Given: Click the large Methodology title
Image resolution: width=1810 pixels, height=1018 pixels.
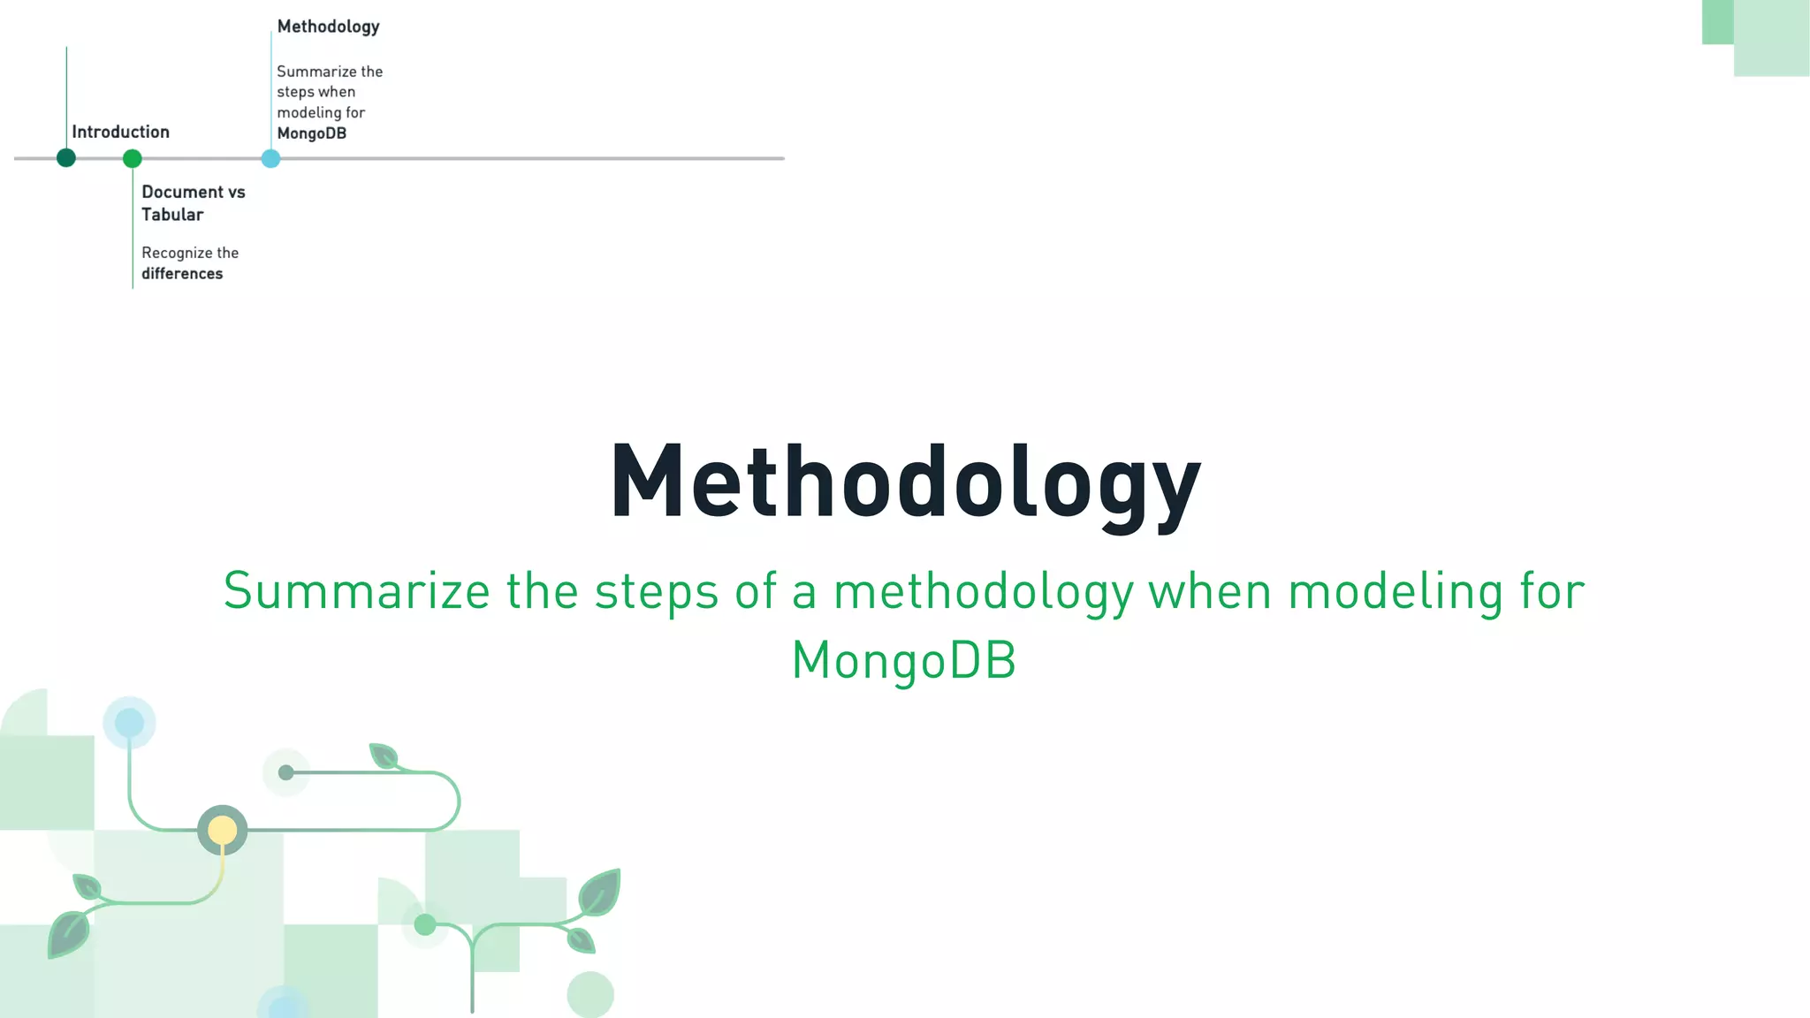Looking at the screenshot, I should tap(905, 484).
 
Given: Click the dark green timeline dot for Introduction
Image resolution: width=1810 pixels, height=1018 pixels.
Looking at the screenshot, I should tap(66, 158).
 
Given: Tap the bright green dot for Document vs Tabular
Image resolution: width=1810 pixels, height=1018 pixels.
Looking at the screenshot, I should tap(133, 159).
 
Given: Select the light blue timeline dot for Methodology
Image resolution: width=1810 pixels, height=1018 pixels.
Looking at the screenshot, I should tap(271, 159).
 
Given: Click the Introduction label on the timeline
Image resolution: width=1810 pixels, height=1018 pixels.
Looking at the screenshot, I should tap(120, 132).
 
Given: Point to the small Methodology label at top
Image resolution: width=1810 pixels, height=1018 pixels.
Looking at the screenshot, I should tap(328, 27).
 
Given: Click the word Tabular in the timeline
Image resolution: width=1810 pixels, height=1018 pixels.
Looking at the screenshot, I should tap(172, 215).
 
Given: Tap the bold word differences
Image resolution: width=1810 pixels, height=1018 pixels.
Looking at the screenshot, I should tap(182, 274).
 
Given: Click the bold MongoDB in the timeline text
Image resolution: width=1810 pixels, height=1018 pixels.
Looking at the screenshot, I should tap(311, 133).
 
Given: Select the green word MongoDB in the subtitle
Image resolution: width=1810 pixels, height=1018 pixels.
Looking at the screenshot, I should tap(903, 660).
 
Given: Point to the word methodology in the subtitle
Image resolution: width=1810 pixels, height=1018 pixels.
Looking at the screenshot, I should tap(983, 592).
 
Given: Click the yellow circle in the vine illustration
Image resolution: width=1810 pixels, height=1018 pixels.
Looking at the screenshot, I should tap(222, 830).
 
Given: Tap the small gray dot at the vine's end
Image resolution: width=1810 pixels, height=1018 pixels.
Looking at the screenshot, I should tap(285, 772).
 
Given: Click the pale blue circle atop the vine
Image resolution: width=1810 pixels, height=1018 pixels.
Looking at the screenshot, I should tap(129, 723).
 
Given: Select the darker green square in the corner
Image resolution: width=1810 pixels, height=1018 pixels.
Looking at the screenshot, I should tap(1717, 21).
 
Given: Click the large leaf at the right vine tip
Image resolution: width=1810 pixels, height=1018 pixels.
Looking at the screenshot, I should tap(600, 892).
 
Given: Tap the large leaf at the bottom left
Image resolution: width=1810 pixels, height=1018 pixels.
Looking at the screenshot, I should tap(69, 934).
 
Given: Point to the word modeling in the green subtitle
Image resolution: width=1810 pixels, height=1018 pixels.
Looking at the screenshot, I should tap(1396, 591).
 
